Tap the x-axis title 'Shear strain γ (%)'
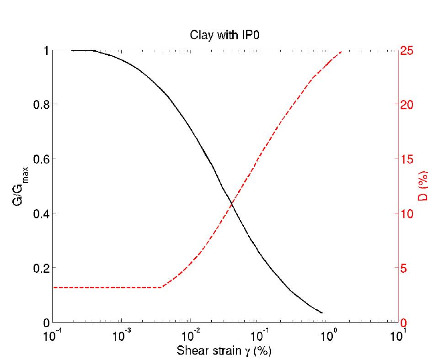(x=224, y=350)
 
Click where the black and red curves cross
(x=232, y=203)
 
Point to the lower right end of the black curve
(x=322, y=313)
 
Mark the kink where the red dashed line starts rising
(x=162, y=287)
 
